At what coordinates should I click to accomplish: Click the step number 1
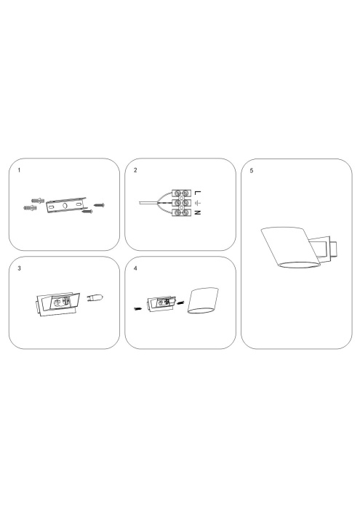click(x=19, y=172)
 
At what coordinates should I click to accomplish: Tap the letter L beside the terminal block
click(x=198, y=193)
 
